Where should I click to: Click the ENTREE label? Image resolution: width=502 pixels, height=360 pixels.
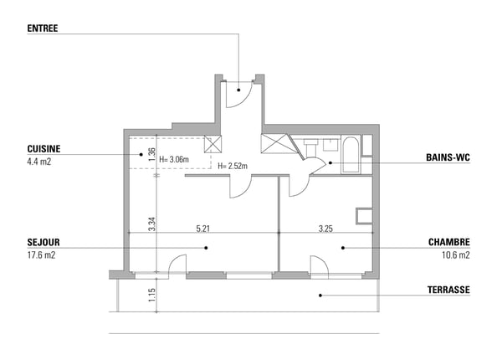click(x=43, y=28)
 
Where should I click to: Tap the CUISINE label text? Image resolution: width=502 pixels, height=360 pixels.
click(x=44, y=149)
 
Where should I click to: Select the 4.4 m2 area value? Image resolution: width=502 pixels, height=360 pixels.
click(x=39, y=162)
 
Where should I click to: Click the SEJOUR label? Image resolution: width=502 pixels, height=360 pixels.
click(x=44, y=242)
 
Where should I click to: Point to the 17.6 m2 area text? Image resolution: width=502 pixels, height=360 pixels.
click(x=41, y=255)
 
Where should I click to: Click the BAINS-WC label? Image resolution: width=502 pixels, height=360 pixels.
click(x=448, y=157)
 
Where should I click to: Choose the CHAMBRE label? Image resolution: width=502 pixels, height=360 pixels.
click(x=449, y=242)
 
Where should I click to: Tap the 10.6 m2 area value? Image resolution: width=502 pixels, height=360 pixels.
click(x=456, y=255)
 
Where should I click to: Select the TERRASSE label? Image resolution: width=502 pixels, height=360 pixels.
click(x=448, y=290)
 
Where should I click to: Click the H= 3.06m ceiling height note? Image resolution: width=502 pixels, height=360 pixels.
click(x=174, y=159)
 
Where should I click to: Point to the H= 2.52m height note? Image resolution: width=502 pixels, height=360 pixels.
click(x=233, y=166)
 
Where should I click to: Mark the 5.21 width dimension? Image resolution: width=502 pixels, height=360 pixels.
click(x=203, y=229)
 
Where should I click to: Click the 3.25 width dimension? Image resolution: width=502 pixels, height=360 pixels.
click(x=325, y=229)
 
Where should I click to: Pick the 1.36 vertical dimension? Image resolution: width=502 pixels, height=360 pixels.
click(x=151, y=154)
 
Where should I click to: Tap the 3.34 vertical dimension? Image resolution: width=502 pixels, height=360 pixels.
click(x=151, y=224)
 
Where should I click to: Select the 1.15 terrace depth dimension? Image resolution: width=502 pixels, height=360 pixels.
click(x=151, y=295)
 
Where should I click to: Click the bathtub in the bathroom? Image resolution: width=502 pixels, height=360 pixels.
click(x=351, y=155)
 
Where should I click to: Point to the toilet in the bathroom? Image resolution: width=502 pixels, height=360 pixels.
click(x=310, y=147)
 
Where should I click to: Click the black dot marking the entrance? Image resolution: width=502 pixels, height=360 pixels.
click(x=238, y=90)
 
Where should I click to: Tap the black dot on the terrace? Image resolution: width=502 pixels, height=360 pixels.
click(x=320, y=296)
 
